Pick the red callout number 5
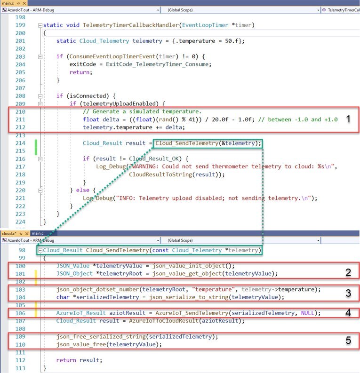tap(348, 340)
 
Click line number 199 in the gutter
tap(20, 25)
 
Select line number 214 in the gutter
tap(20, 143)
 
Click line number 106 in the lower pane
tap(20, 313)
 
